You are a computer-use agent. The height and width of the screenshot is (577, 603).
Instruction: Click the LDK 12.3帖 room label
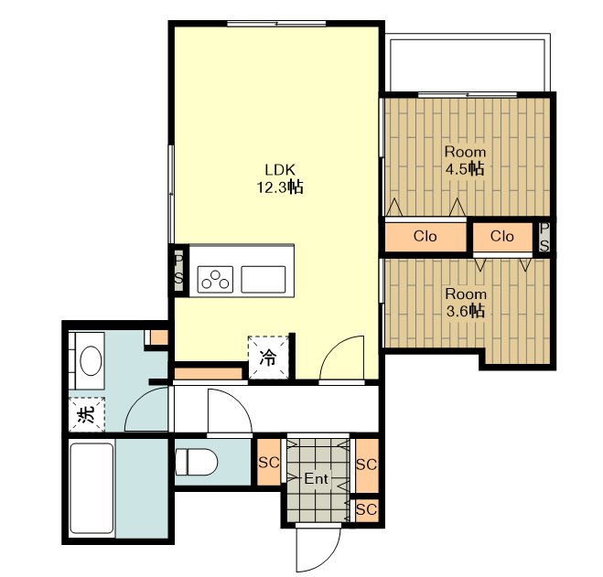pyautogui.click(x=280, y=178)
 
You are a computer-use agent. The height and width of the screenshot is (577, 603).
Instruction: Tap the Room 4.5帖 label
pyautogui.click(x=465, y=161)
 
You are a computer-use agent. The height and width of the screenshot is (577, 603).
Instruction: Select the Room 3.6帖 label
pyautogui.click(x=466, y=303)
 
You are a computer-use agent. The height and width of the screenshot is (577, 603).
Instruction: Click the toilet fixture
pyautogui.click(x=197, y=462)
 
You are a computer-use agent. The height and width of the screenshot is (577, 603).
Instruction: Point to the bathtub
pyautogui.click(x=92, y=488)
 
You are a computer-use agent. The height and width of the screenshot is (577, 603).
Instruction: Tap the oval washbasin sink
pyautogui.click(x=92, y=360)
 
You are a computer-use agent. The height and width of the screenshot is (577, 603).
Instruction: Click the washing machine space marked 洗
pyautogui.click(x=87, y=414)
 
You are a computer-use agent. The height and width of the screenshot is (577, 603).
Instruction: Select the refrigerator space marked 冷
pyautogui.click(x=268, y=358)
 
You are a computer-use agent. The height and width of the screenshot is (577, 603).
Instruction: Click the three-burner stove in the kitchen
pyautogui.click(x=215, y=280)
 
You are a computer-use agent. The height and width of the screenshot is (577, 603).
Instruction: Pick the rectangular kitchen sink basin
pyautogui.click(x=264, y=280)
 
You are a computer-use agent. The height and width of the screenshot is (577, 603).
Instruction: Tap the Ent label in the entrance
pyautogui.click(x=316, y=478)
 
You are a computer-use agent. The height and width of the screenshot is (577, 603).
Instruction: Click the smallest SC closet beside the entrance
pyautogui.click(x=367, y=510)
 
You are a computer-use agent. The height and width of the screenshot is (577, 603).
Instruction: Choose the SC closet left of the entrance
pyautogui.click(x=268, y=462)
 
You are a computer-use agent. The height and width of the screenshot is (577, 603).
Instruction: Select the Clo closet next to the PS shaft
pyautogui.click(x=502, y=237)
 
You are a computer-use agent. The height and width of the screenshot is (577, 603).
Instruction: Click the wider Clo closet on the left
pyautogui.click(x=425, y=237)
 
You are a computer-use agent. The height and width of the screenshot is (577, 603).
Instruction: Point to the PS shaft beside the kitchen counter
pyautogui.click(x=179, y=270)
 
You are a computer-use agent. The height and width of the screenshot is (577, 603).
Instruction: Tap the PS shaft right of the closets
pyautogui.click(x=544, y=237)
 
